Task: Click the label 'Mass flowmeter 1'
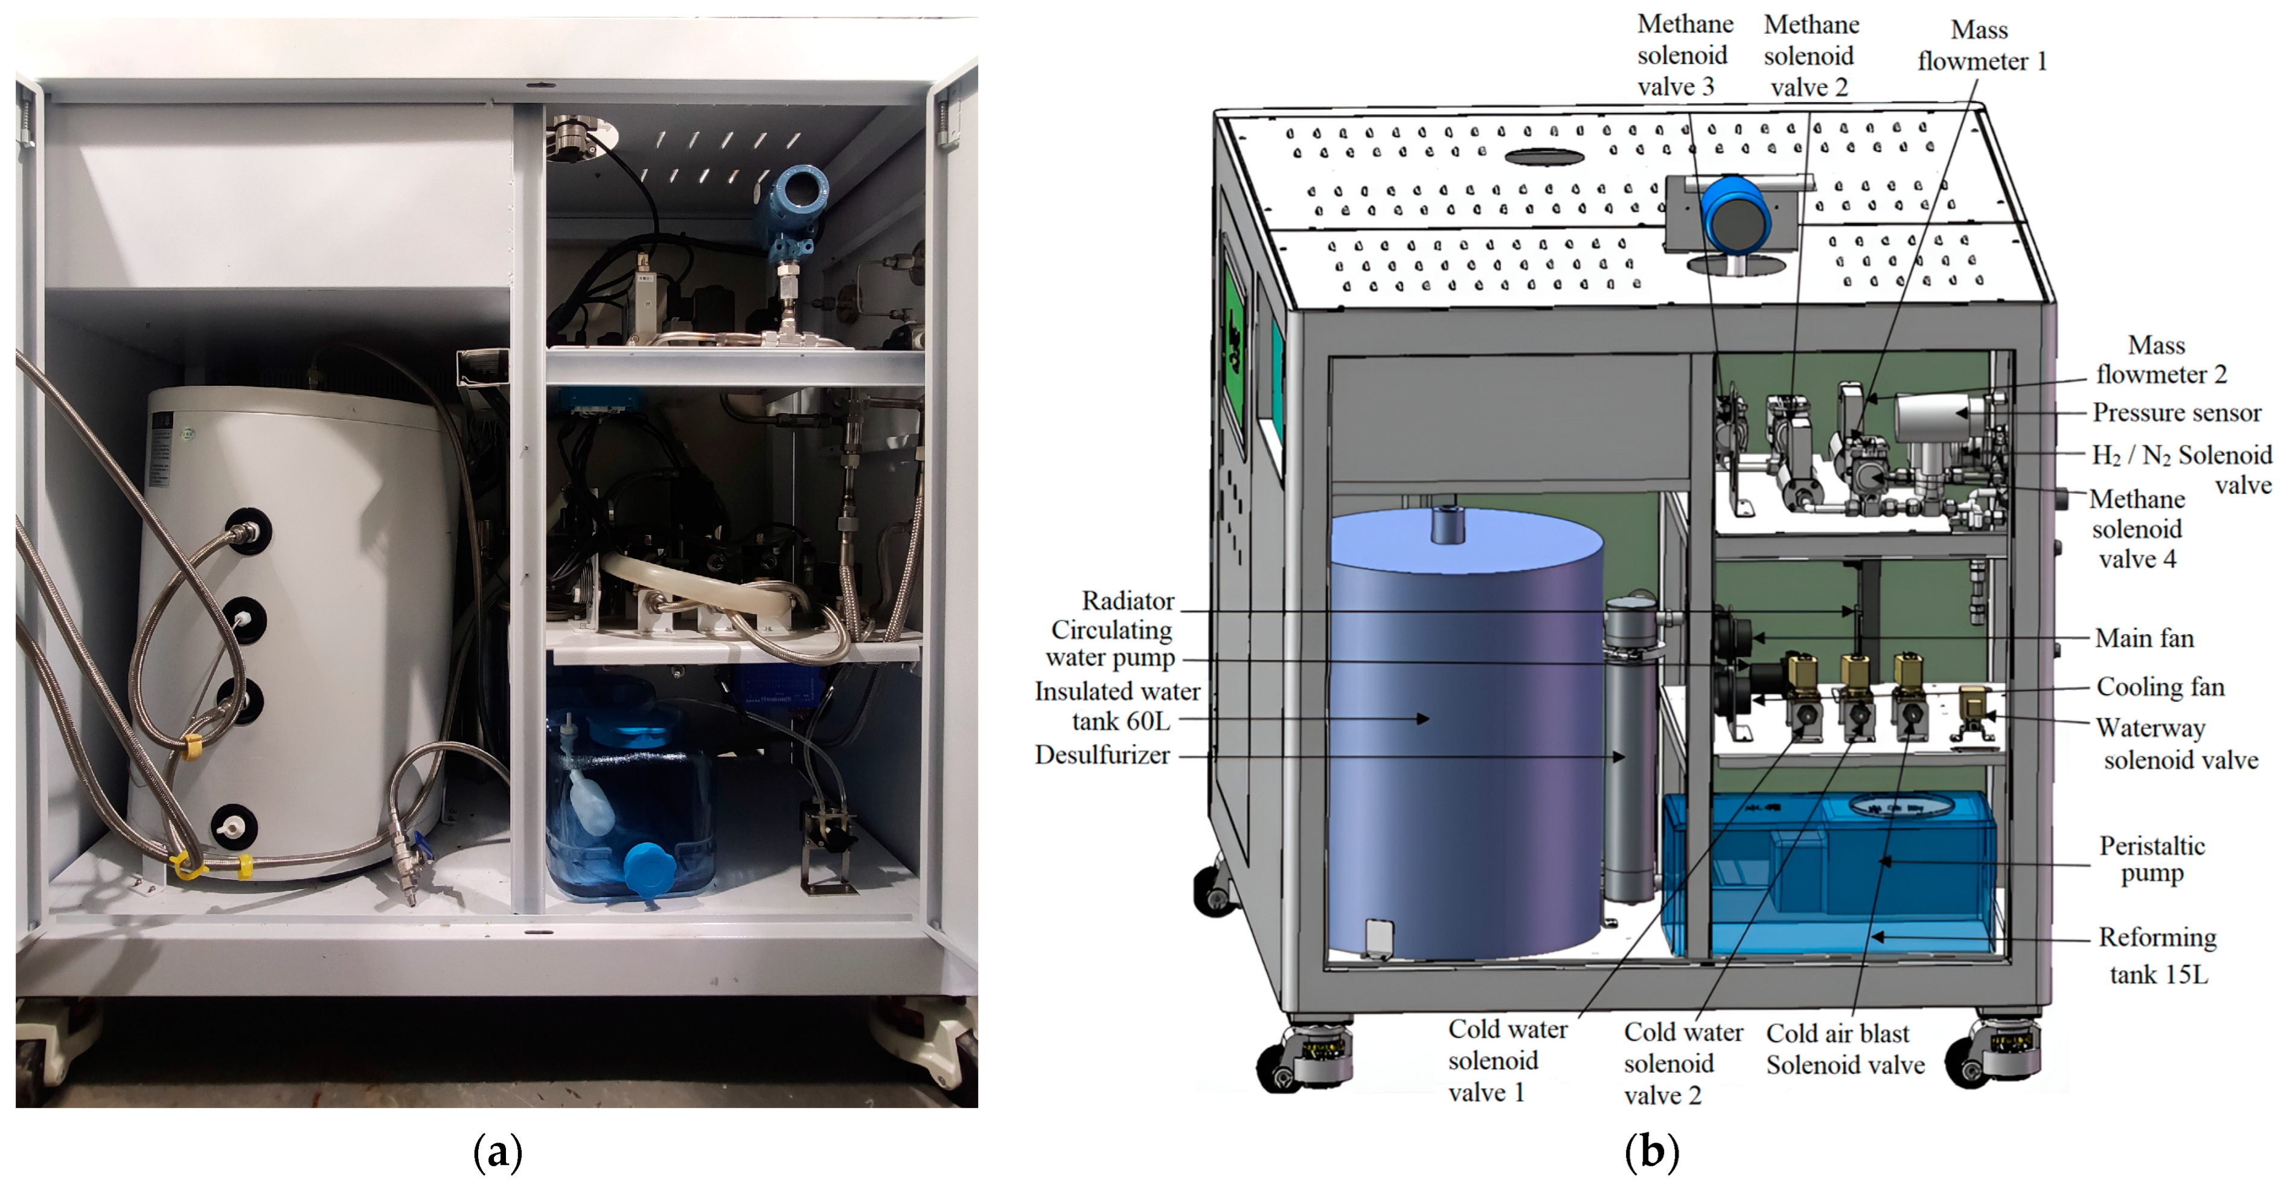(1982, 45)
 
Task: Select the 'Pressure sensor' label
(2176, 412)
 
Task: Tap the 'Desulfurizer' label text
(1102, 755)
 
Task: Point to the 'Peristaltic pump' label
(2152, 859)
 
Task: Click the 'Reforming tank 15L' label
(2157, 955)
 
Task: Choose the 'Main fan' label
(2144, 638)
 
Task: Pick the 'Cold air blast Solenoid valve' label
(1845, 1048)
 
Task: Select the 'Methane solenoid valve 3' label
(1684, 55)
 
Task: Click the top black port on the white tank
(246, 531)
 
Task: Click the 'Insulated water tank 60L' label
(1117, 706)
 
